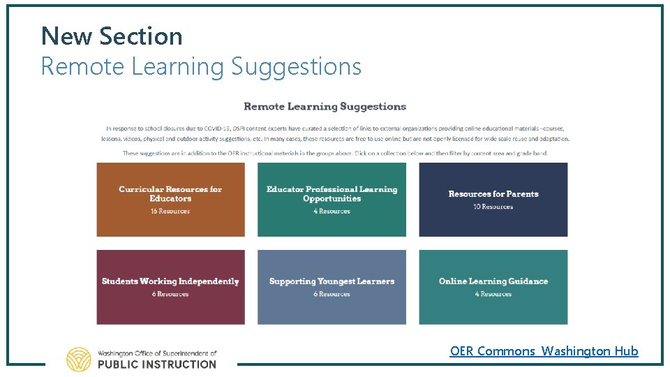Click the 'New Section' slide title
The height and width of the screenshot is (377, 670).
tap(112, 36)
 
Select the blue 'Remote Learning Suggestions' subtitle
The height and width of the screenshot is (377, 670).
tap(201, 66)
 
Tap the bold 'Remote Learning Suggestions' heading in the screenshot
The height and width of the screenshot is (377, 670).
tap(325, 107)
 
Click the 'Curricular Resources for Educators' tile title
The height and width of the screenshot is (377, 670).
tap(170, 193)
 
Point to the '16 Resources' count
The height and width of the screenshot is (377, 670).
tap(170, 211)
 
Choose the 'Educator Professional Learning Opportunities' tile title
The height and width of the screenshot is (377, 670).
tap(332, 193)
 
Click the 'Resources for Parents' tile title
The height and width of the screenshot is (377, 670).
tap(493, 193)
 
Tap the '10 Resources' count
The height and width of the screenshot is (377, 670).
tap(493, 207)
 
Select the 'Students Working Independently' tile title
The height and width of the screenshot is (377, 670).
tap(170, 281)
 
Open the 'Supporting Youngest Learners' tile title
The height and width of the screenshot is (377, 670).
tap(332, 281)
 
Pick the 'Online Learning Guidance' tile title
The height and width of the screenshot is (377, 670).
tap(493, 281)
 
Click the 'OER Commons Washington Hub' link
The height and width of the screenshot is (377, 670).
tap(544, 351)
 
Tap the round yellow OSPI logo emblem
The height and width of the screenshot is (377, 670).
tap(79, 359)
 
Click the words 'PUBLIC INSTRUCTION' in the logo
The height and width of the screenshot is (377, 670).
tap(157, 364)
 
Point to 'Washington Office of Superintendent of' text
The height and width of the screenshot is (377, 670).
tap(157, 353)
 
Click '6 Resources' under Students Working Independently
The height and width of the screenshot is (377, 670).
tap(170, 294)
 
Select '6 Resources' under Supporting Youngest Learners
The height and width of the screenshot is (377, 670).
tap(332, 294)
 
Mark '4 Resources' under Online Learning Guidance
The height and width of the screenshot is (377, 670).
tap(493, 294)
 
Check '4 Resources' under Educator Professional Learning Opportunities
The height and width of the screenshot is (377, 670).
tap(332, 211)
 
